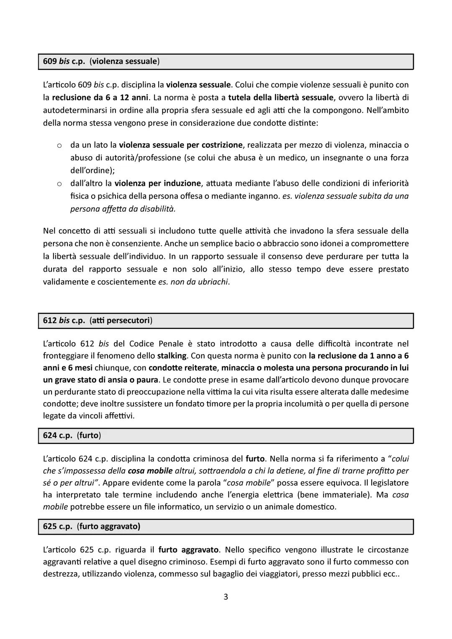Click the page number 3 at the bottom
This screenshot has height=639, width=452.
pos(226,597)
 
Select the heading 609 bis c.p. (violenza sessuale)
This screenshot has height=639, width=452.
pos(101,61)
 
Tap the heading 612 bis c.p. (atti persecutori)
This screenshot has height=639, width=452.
pos(98,321)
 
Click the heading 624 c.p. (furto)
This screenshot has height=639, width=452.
pos(72,435)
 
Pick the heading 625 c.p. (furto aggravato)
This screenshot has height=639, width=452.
pos(92,526)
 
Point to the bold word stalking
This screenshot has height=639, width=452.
pos(172,356)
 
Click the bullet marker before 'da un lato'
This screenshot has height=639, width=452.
pos(59,146)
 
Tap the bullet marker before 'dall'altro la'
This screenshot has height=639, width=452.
pos(59,184)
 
